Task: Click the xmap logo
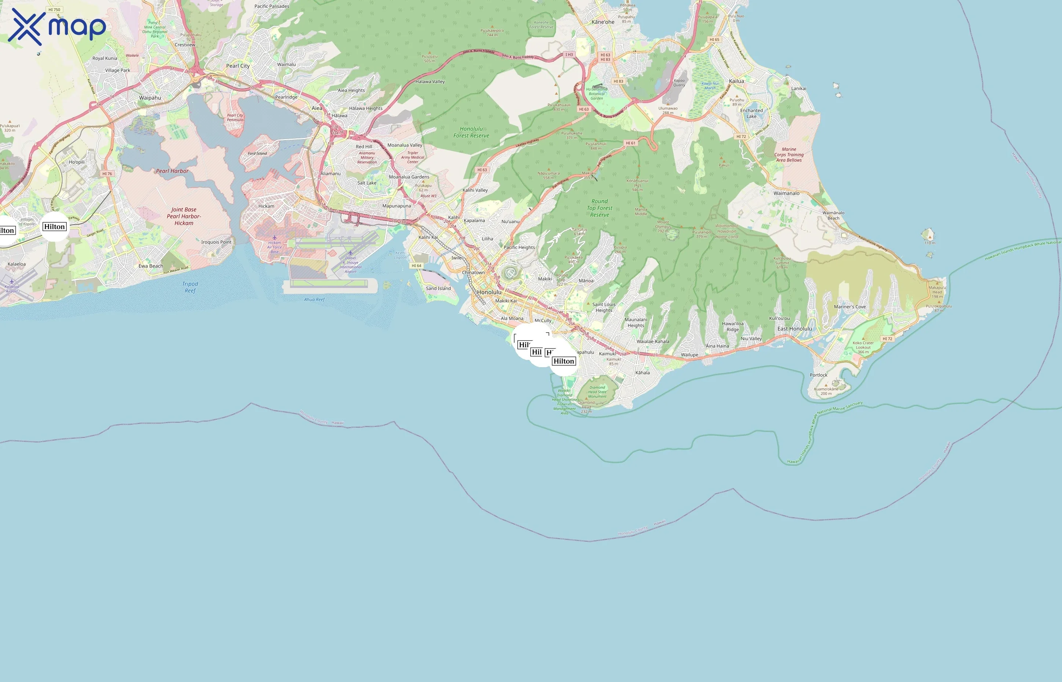tap(57, 27)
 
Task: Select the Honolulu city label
tap(489, 292)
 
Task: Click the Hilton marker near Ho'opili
tap(55, 227)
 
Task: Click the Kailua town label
tap(736, 81)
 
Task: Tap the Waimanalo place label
tap(786, 193)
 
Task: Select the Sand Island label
tap(438, 288)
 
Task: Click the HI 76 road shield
tap(107, 174)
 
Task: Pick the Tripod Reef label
tap(190, 287)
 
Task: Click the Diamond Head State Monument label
tap(597, 392)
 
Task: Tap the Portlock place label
tap(818, 375)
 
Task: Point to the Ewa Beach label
tap(151, 266)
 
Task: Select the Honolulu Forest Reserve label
tap(471, 132)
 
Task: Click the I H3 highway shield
tap(569, 55)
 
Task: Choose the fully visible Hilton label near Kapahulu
tap(563, 361)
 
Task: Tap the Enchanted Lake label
tap(751, 113)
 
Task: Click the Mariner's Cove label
tap(849, 307)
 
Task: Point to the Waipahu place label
tap(150, 98)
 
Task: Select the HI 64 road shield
tap(416, 266)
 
